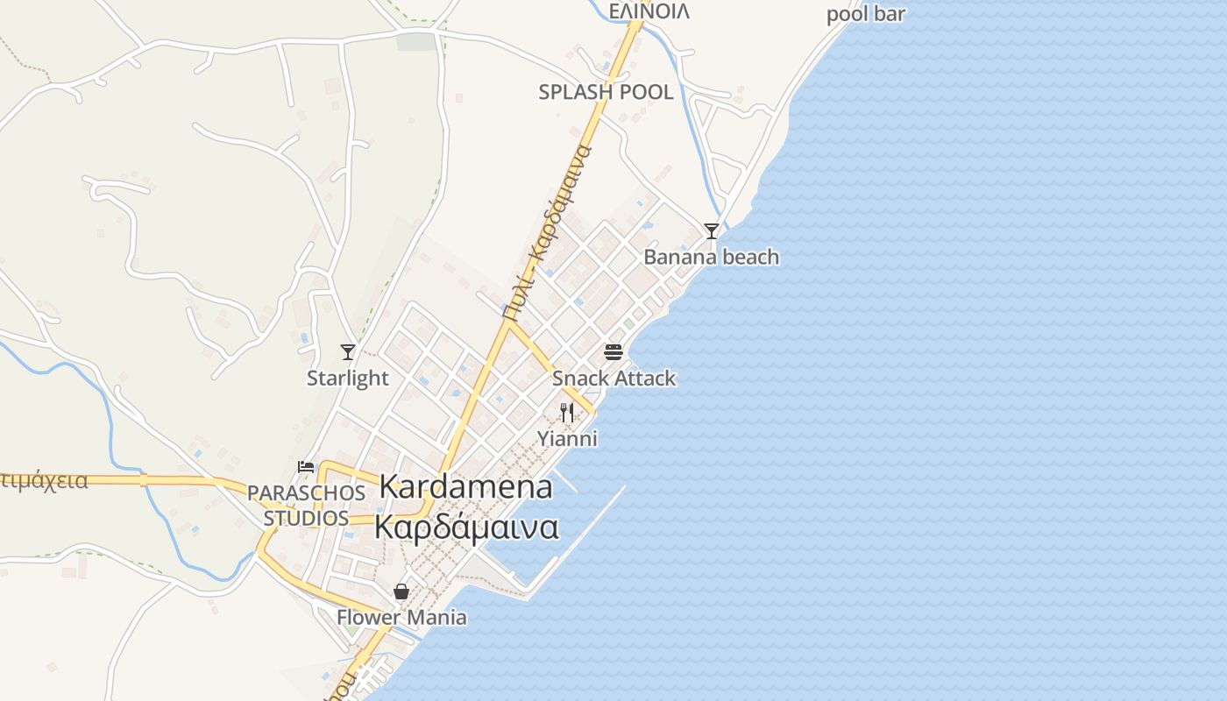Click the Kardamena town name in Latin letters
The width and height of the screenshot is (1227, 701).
[x=465, y=487]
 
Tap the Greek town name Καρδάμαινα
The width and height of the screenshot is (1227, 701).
[x=466, y=527]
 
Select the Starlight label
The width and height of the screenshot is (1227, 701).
[x=347, y=378]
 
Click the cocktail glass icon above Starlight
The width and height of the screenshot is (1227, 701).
[x=348, y=352]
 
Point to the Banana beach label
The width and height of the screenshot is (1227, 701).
[x=711, y=257]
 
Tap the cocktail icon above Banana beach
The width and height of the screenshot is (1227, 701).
[x=712, y=231]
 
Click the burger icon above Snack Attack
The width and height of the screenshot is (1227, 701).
[x=613, y=353]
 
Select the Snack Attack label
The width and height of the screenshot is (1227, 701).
[x=613, y=379]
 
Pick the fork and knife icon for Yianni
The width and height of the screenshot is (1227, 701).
[x=567, y=413]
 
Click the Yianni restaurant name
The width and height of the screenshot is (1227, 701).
[x=567, y=438]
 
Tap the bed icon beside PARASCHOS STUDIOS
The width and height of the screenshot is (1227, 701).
[x=306, y=467]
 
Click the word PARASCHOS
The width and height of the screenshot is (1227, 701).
[x=306, y=492]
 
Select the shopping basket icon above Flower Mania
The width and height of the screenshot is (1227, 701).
[x=401, y=591]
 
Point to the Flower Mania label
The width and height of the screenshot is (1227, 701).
[x=401, y=618]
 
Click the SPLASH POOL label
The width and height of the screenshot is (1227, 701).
[x=606, y=92]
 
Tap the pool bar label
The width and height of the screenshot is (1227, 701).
[x=865, y=14]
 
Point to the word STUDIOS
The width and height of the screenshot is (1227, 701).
[x=306, y=518]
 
